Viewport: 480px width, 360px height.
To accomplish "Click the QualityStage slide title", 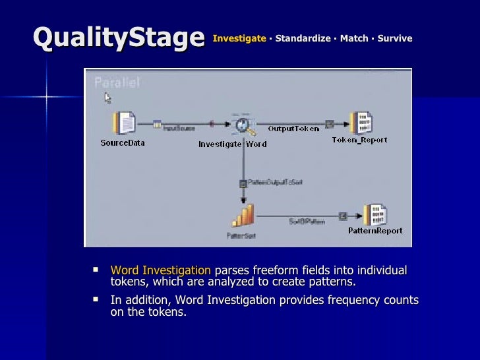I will tap(119, 38).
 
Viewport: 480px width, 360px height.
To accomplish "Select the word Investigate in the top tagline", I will tap(239, 38).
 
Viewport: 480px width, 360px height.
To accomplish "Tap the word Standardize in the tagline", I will tap(303, 38).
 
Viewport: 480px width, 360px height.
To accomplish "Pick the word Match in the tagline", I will tap(354, 38).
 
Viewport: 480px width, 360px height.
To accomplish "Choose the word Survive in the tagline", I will tap(395, 38).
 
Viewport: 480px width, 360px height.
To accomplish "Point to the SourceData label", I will tap(123, 142).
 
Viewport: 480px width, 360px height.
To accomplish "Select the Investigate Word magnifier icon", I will tap(241, 125).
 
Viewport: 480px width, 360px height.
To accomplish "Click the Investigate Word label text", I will tap(233, 144).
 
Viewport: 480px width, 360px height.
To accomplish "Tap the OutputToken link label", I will tap(293, 129).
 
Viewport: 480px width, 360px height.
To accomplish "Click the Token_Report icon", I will tap(361, 123).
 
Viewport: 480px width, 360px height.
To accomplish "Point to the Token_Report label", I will tap(359, 140).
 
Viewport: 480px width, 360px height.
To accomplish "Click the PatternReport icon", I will tap(375, 215).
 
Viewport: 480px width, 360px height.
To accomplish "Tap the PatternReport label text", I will tap(375, 231).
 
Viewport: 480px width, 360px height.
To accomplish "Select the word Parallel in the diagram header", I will tap(117, 82).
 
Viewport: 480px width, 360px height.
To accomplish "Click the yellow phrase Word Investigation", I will tap(161, 270).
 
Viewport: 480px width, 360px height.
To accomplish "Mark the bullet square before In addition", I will tap(96, 299).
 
